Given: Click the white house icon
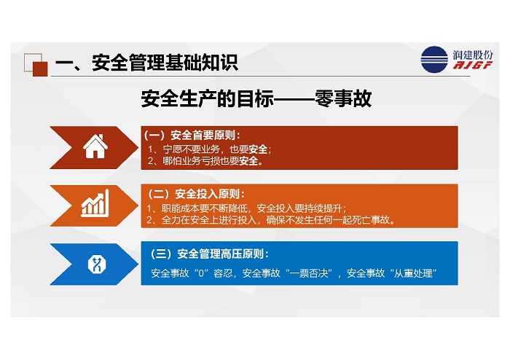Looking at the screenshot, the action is pos(95,146).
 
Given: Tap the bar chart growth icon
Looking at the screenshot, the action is pos(95,203).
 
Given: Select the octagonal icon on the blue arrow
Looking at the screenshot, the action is pos(97,264).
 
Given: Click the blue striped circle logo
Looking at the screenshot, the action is pos(434,60).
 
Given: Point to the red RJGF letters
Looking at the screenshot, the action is pos(473,65).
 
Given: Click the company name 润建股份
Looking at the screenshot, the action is pos(473,55).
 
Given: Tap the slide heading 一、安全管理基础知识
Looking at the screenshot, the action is pos(146,63).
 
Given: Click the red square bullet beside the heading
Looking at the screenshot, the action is pos(40,69).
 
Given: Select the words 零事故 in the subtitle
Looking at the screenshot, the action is pos(343,98).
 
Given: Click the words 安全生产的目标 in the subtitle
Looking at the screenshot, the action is pos(207,98).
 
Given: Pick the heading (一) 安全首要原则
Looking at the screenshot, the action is pos(192,135).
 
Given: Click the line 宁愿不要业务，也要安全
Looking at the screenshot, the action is pos(210,149).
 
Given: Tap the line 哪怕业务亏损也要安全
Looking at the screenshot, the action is pos(205,160).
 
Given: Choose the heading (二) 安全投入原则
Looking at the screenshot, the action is pos(196,194).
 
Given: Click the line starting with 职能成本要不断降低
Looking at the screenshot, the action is pos(246,208).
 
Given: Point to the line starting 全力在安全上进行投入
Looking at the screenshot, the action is pos(271,220).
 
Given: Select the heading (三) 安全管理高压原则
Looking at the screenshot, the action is pos(210,254).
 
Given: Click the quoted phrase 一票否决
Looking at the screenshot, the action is pos(309,273).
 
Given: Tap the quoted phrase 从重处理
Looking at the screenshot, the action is pos(413,273).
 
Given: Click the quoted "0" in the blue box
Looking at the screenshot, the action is pos(201,273).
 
